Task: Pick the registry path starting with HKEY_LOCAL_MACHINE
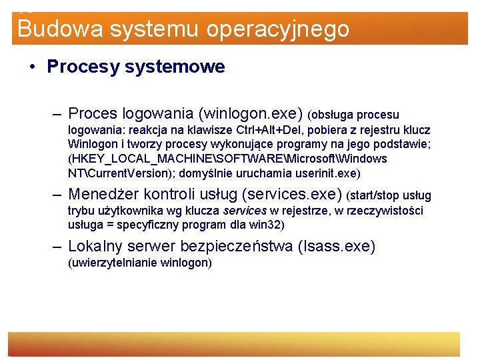[227, 159]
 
